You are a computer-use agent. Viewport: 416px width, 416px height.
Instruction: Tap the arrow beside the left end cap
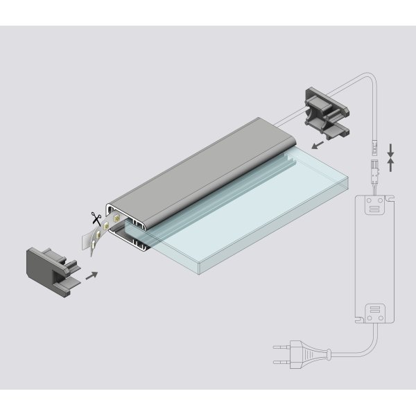pos(91,275)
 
